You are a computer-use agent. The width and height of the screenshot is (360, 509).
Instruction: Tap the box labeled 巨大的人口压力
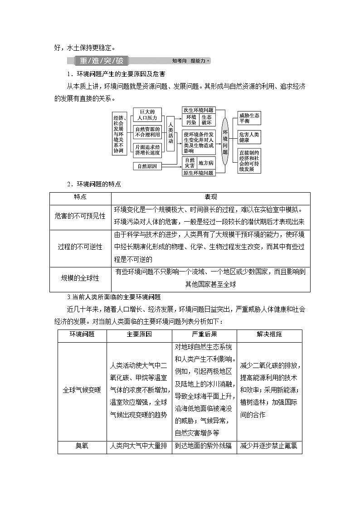click(x=147, y=115)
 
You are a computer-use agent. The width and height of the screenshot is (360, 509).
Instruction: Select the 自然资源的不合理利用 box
click(x=147, y=132)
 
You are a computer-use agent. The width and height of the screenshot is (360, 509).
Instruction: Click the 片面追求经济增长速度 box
click(x=147, y=150)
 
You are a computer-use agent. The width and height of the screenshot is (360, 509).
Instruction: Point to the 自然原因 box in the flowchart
click(x=147, y=166)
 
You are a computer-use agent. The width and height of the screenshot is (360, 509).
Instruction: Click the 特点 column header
click(x=80, y=198)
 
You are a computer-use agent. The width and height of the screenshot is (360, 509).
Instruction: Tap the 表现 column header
click(x=211, y=198)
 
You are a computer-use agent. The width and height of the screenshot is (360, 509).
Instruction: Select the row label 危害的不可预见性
click(x=80, y=216)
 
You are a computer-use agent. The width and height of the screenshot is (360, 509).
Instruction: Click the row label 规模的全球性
click(x=80, y=278)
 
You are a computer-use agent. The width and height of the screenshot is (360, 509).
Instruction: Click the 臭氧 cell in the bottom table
click(x=82, y=446)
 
